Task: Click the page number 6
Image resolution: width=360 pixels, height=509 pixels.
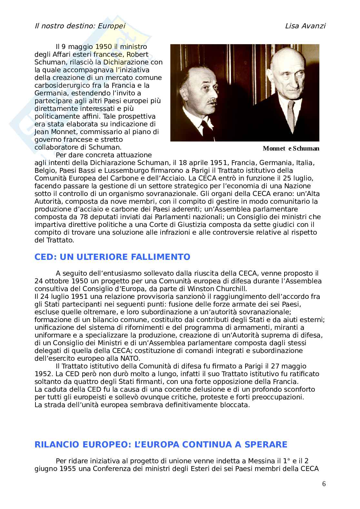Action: point(324,484)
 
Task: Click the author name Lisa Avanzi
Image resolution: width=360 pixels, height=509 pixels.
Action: point(305,26)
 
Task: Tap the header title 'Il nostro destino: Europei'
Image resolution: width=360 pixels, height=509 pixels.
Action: point(80,26)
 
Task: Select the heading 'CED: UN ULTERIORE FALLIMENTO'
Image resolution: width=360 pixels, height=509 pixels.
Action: point(112,257)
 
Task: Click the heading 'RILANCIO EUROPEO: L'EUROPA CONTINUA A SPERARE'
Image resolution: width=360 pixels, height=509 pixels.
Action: point(161,445)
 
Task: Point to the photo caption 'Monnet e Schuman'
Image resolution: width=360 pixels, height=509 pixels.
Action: point(291,149)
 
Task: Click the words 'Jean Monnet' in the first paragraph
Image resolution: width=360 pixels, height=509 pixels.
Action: point(53,132)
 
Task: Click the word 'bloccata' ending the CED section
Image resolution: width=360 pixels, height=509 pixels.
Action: point(236,405)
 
